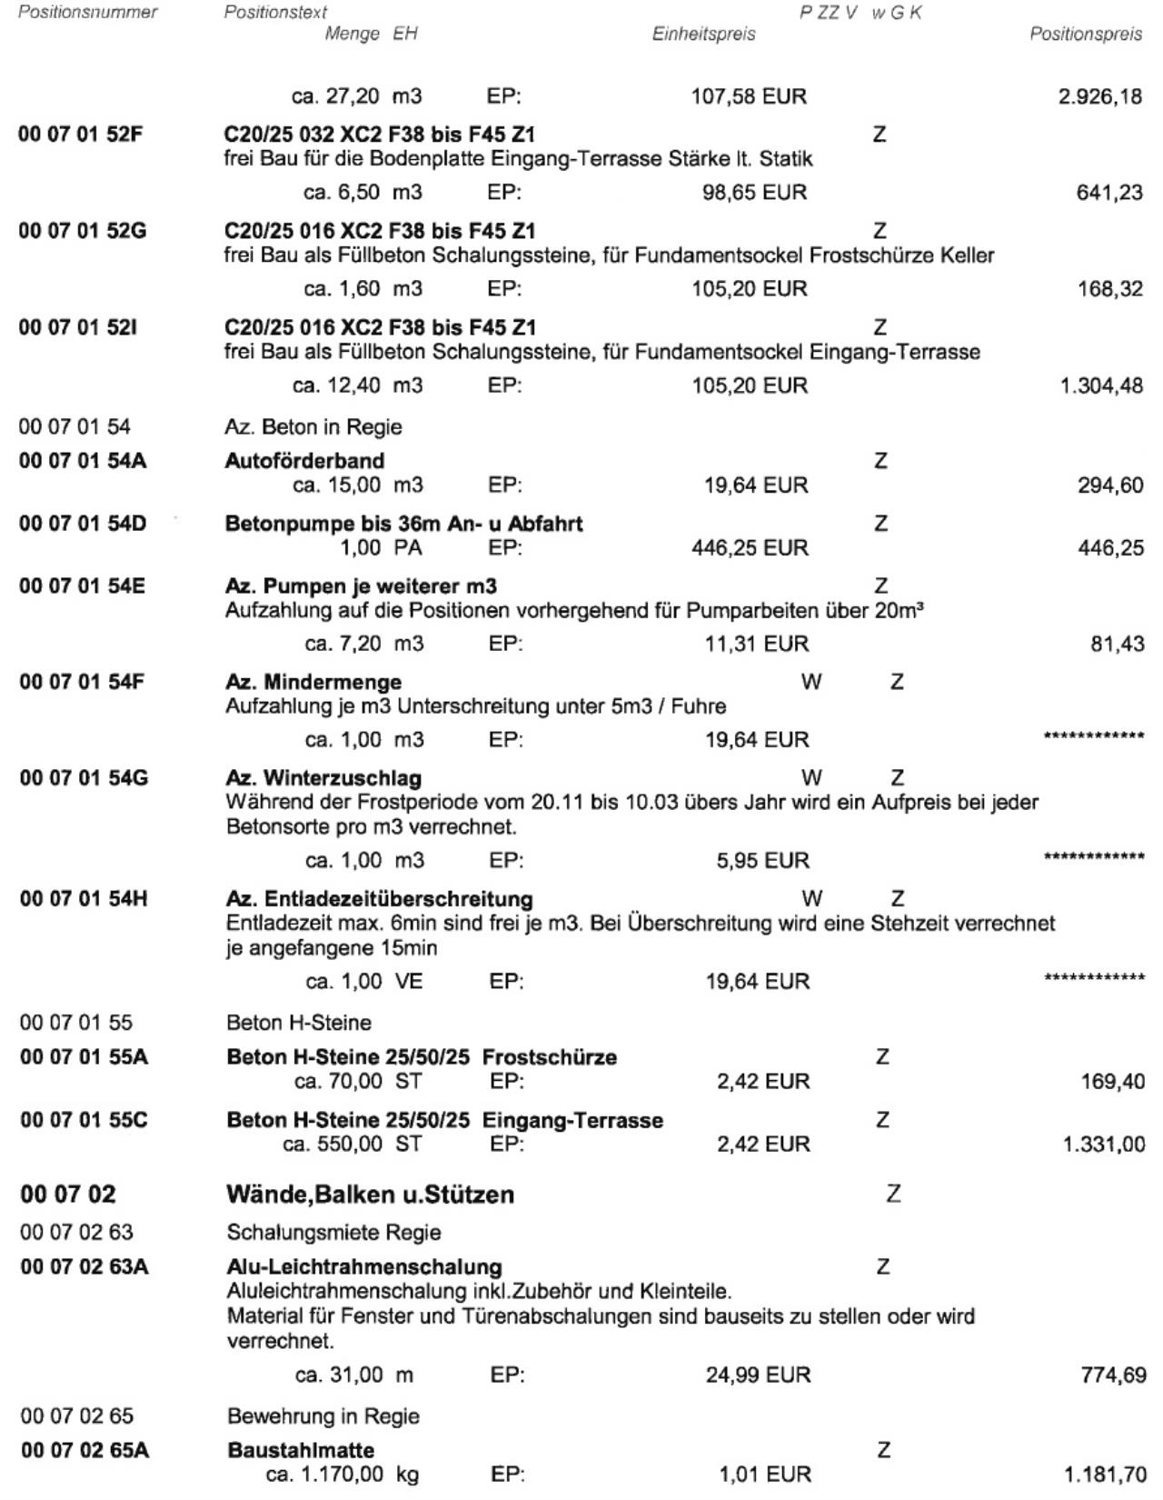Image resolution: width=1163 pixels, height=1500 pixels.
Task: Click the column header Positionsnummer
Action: pyautogui.click(x=88, y=12)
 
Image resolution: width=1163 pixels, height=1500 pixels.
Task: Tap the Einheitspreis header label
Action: pyautogui.click(x=703, y=35)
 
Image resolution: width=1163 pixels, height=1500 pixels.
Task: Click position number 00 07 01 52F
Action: pyautogui.click(x=83, y=135)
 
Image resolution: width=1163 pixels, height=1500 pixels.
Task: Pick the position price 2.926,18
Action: pyautogui.click(x=1099, y=96)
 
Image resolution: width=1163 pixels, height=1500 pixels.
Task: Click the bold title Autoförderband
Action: pyautogui.click(x=304, y=461)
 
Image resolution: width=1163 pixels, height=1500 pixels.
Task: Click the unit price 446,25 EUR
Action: pyautogui.click(x=749, y=548)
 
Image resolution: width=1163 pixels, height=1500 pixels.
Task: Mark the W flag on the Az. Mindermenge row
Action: pyautogui.click(x=811, y=682)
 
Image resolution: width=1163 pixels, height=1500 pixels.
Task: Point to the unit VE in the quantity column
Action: pyautogui.click(x=409, y=982)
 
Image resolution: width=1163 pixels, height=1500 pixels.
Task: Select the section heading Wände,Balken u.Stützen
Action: pyautogui.click(x=370, y=1195)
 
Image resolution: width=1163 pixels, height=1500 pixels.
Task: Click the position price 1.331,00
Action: pyautogui.click(x=1103, y=1145)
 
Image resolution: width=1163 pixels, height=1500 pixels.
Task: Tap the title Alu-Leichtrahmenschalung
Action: pyautogui.click(x=363, y=1266)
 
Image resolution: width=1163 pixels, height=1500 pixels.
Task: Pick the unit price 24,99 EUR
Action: pyautogui.click(x=758, y=1375)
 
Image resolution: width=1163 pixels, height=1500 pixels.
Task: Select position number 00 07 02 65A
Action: pyautogui.click(x=84, y=1450)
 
